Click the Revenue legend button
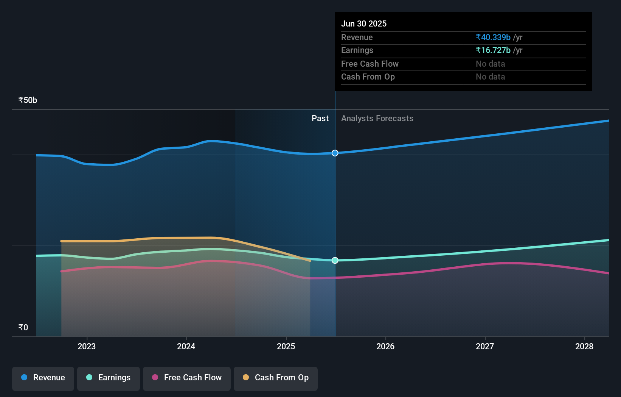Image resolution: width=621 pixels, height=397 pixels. (x=43, y=378)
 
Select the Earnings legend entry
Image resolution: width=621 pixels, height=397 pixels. (x=109, y=378)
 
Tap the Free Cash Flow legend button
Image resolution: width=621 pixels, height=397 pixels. (x=187, y=378)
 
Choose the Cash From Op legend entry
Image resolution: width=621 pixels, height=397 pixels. (x=276, y=378)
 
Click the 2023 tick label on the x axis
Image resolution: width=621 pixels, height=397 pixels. (x=87, y=346)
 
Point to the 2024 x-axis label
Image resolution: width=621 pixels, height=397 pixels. (x=186, y=346)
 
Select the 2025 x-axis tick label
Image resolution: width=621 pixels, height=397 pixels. (x=286, y=346)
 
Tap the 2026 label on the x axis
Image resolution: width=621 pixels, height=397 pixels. (x=385, y=346)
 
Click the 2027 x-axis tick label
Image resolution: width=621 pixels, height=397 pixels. (x=485, y=346)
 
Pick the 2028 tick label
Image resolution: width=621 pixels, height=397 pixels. (x=584, y=346)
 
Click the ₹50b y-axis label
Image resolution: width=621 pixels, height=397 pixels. (x=28, y=100)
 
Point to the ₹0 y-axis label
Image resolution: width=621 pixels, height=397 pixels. (x=23, y=328)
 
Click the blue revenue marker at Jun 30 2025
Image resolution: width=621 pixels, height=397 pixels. (x=335, y=153)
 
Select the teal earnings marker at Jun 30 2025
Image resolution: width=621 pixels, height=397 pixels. (x=335, y=260)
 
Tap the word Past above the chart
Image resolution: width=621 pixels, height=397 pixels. (x=320, y=119)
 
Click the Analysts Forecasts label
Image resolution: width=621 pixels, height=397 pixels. (x=377, y=119)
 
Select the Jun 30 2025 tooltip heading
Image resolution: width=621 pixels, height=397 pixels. (x=364, y=23)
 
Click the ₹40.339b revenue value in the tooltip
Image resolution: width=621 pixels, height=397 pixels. (x=493, y=37)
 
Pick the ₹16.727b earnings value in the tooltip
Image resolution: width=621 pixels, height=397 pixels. (x=493, y=50)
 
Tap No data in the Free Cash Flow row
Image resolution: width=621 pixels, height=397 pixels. (x=490, y=64)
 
